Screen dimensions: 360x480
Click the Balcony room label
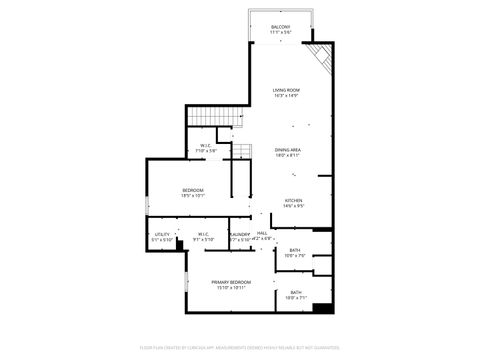[280, 27]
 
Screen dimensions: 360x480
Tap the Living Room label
[287, 90]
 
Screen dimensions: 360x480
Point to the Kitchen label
[293, 200]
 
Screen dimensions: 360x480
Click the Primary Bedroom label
[231, 282]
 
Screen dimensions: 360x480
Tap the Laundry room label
[240, 234]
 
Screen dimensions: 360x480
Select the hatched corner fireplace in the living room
[319, 56]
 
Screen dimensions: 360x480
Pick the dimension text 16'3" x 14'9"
[287, 96]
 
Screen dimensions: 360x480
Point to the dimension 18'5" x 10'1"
[193, 196]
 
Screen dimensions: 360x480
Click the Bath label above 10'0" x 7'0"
[295, 250]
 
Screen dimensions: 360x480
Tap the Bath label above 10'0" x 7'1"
[295, 292]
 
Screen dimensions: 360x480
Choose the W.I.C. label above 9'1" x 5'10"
[203, 234]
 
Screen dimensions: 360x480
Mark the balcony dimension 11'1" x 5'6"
[280, 33]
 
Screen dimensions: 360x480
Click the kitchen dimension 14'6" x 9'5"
[293, 206]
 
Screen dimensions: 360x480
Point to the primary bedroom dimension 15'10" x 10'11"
[231, 288]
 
